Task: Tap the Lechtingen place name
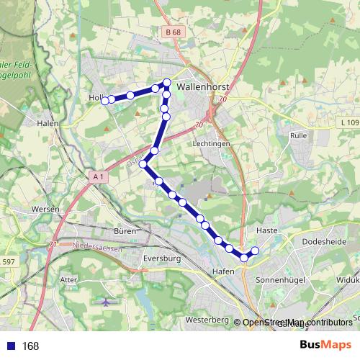tap(210, 143)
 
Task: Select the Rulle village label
tap(297, 135)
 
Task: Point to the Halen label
tap(47, 124)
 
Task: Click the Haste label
tap(266, 230)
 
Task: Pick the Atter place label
tap(69, 279)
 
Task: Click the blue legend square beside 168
tap(12, 346)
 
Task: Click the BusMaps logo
tap(326, 346)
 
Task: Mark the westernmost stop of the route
tap(105, 101)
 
